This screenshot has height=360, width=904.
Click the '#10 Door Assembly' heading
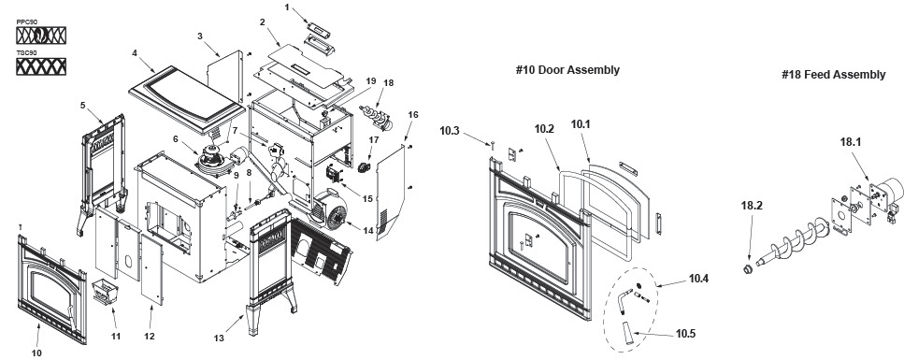tap(567, 70)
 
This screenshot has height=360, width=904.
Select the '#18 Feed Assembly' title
tap(833, 75)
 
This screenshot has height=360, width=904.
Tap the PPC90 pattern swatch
tap(41, 36)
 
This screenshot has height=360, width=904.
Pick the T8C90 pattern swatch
tap(41, 66)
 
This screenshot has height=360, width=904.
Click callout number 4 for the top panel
tap(135, 53)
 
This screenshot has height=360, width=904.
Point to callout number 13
tap(219, 338)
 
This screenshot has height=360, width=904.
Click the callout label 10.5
tap(685, 334)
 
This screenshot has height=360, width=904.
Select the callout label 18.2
tap(752, 206)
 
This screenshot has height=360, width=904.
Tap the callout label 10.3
tap(449, 131)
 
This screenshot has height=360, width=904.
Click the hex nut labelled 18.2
tap(745, 269)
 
